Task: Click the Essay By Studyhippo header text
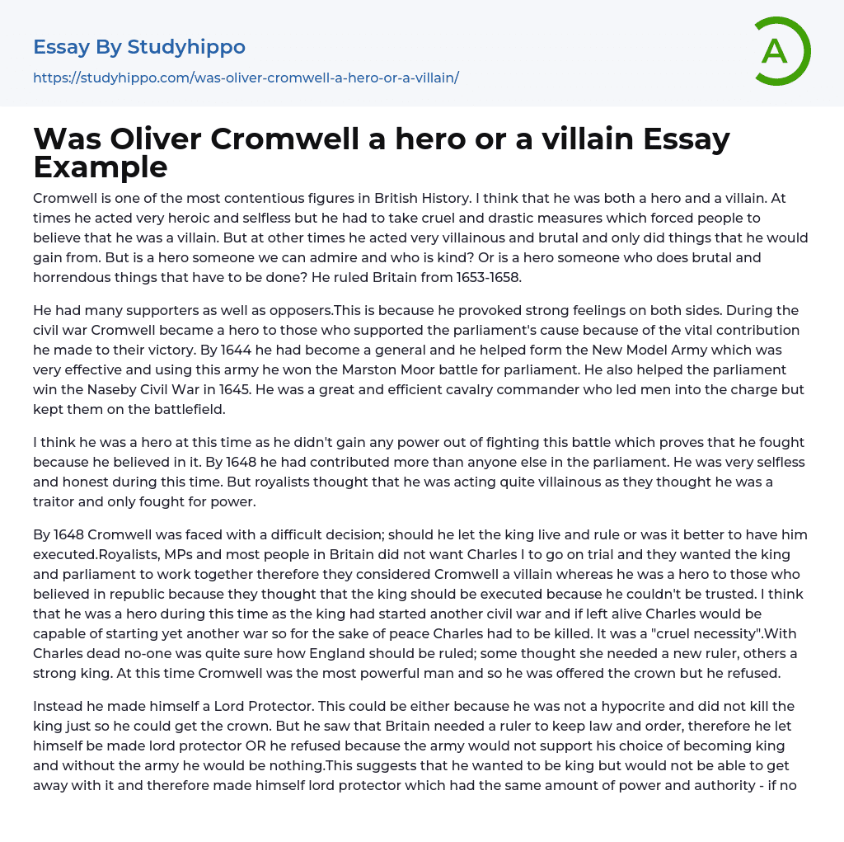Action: point(139,47)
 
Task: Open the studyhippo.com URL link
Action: point(246,78)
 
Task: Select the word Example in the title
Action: point(101,167)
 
